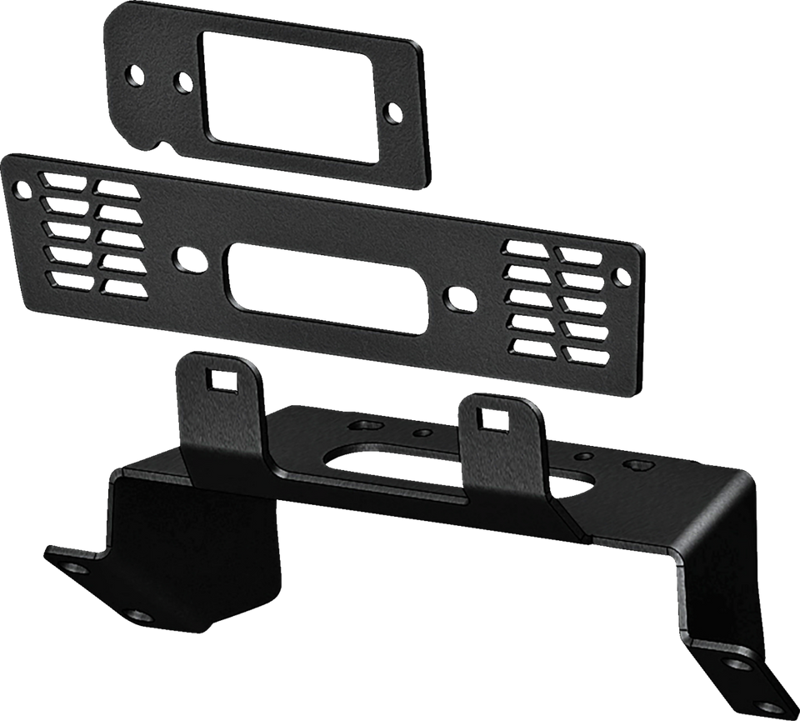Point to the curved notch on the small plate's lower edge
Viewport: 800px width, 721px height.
[x=158, y=143]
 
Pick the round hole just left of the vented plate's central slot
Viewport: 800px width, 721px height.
[x=184, y=256]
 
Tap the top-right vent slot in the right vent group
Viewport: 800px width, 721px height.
[x=579, y=255]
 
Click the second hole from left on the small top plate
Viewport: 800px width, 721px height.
[x=181, y=81]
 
